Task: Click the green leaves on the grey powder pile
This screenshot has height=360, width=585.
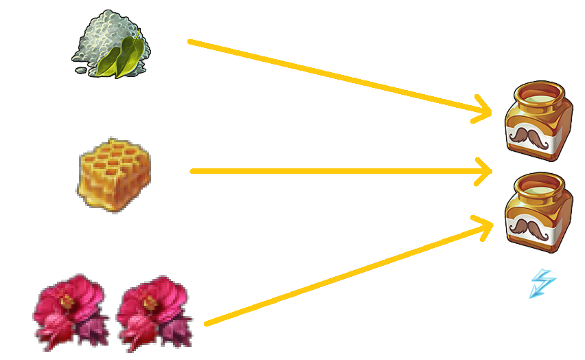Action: click(124, 56)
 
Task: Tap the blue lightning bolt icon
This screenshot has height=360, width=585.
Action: click(542, 283)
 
